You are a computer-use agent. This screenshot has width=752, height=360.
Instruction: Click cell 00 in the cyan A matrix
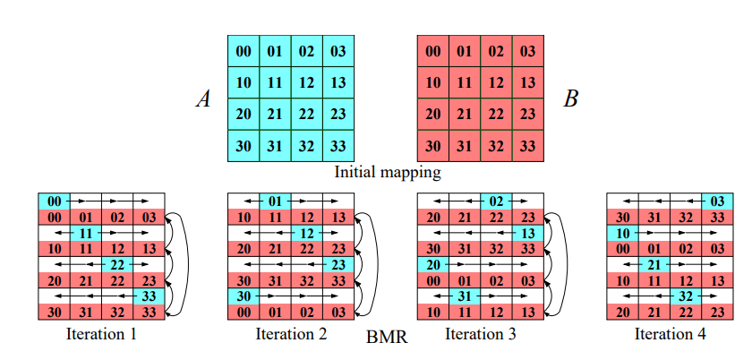[x=244, y=51]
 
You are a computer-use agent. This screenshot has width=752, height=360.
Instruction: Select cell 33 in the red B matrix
[x=528, y=146]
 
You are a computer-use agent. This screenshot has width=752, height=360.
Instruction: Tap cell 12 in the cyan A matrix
[x=306, y=82]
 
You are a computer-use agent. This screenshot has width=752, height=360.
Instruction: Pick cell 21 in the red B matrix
[x=465, y=115]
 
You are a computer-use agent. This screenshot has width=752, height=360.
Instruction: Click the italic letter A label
[x=203, y=99]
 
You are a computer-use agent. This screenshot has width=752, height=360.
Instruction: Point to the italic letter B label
[x=570, y=99]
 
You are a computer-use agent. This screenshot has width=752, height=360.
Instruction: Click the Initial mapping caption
[x=387, y=171]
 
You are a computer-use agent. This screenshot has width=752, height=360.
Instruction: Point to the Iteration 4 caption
[x=670, y=334]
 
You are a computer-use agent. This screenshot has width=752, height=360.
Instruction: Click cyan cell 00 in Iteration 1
[x=53, y=201]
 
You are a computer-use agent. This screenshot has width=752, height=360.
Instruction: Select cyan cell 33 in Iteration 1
[x=148, y=296]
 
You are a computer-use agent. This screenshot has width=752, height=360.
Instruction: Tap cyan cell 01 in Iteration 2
[x=275, y=201]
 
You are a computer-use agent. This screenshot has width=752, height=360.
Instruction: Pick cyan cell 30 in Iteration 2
[x=243, y=296]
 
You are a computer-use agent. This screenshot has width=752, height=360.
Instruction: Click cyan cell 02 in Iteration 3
[x=496, y=201]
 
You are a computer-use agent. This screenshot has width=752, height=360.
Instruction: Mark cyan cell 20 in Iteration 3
[x=432, y=264]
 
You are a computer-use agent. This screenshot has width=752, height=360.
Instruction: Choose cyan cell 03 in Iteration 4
[x=717, y=201]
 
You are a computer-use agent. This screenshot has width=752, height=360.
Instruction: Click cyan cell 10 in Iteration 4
[x=623, y=233]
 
